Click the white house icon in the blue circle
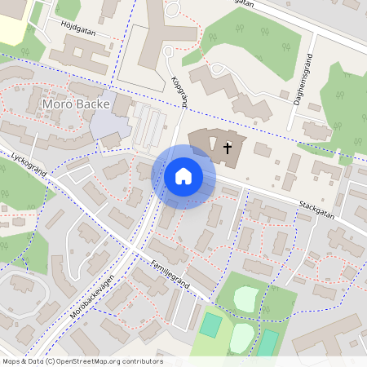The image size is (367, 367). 183,176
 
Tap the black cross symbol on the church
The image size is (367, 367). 228,148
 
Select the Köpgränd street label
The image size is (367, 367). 181,94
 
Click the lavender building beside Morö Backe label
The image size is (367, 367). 106,125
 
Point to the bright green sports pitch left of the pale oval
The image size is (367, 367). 211,325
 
